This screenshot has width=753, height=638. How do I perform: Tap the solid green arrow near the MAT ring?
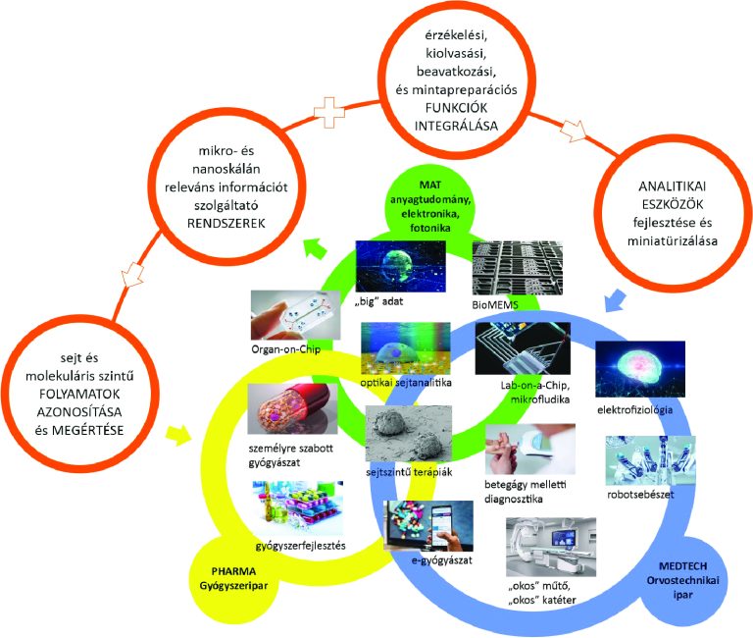tap(316, 247)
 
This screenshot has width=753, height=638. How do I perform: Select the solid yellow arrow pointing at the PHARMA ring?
tap(177, 435)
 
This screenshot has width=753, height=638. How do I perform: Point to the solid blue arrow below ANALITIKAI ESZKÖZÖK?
tap(615, 300)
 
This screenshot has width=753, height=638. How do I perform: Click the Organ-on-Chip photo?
tap(295, 315)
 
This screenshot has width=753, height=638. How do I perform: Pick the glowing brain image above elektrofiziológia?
tap(640, 369)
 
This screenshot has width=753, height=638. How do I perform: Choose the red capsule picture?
tap(292, 408)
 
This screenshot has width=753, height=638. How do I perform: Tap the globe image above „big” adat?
tap(400, 266)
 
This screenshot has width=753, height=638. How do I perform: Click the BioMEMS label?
tap(495, 304)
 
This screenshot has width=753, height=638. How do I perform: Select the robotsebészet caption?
tap(640, 495)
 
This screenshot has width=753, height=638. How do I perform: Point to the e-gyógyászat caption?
tap(442, 560)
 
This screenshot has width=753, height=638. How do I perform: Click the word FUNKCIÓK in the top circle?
tap(456, 108)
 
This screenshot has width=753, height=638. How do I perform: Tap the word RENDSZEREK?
tap(226, 224)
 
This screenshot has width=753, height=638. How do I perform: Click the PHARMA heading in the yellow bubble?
tap(234, 571)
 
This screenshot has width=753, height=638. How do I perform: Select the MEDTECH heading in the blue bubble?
tap(682, 566)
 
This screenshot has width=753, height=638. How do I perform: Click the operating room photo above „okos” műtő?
tap(551, 547)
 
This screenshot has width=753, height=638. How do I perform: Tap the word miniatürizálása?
tap(673, 240)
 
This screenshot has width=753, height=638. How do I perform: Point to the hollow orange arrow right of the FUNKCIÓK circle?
tap(574, 131)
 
